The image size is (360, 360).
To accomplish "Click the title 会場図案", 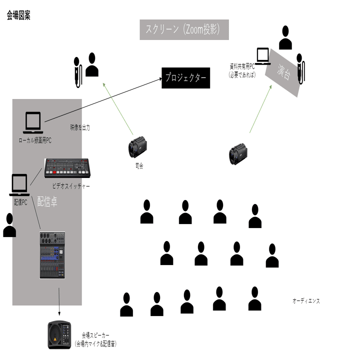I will coord(18,16).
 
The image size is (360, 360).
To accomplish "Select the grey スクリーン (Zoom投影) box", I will coord(184,30).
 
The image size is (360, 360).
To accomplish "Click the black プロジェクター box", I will coord(185,78).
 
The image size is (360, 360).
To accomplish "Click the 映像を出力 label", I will coord(80,128).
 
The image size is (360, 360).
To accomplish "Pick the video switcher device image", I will coord(66,168).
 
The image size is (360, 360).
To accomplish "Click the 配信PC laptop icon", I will coord(19,185).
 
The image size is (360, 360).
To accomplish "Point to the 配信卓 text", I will coord(47,201).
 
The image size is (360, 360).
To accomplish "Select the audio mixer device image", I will coord(52,255).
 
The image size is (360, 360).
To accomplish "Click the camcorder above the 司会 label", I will coord(138,148).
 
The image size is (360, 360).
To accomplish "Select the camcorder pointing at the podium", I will coord(238,154).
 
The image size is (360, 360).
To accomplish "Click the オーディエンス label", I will coord(306,301).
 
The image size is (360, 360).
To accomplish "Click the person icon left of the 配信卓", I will coord(9,225).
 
